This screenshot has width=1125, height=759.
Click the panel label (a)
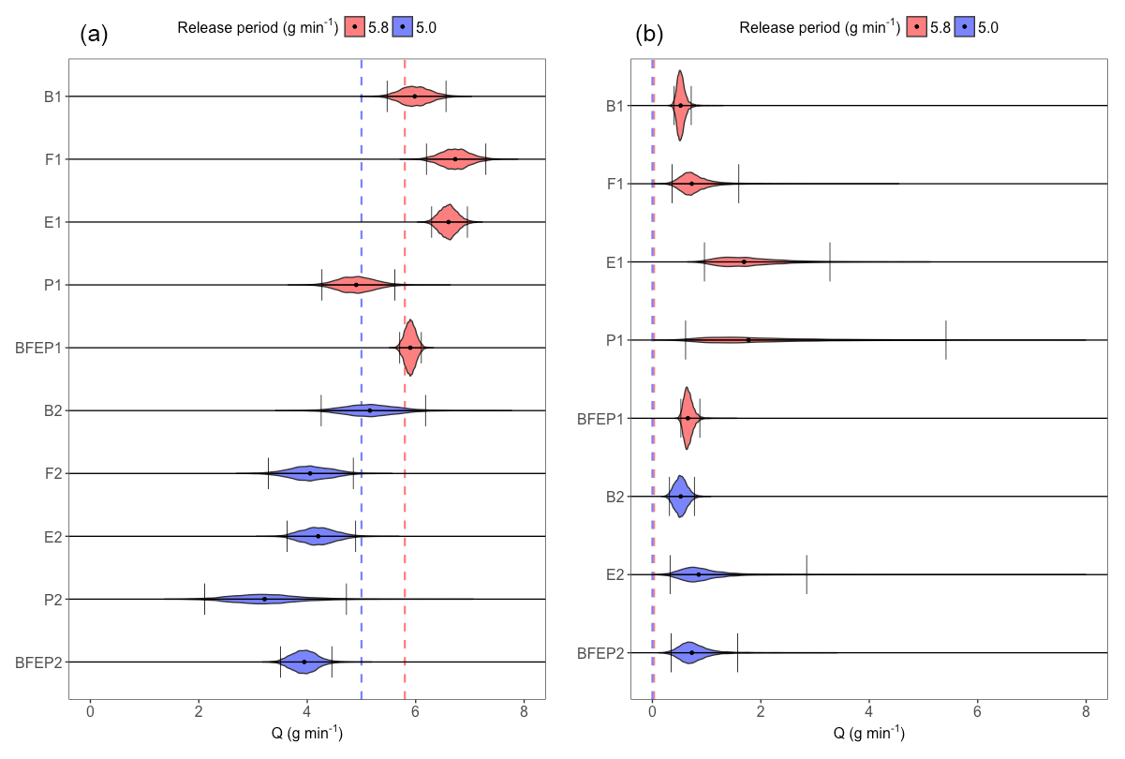tap(95, 36)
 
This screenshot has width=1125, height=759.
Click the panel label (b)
tap(649, 36)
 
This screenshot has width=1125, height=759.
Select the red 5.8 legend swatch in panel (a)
tap(358, 28)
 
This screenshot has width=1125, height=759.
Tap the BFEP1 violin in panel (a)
tap(410, 348)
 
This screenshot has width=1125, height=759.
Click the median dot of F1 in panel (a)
tap(456, 159)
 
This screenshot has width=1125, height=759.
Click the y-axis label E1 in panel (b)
tap(614, 262)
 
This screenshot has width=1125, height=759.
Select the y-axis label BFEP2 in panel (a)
tap(38, 662)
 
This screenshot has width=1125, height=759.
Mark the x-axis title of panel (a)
tap(307, 734)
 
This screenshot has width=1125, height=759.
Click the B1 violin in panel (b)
tap(681, 106)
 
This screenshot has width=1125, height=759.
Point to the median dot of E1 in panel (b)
tap(744, 262)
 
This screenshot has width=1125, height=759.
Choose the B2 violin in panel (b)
tap(681, 496)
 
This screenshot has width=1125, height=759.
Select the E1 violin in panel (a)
tap(449, 222)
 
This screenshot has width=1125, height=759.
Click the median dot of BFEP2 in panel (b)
tap(692, 652)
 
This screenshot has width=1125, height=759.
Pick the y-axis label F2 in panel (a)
tap(52, 474)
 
